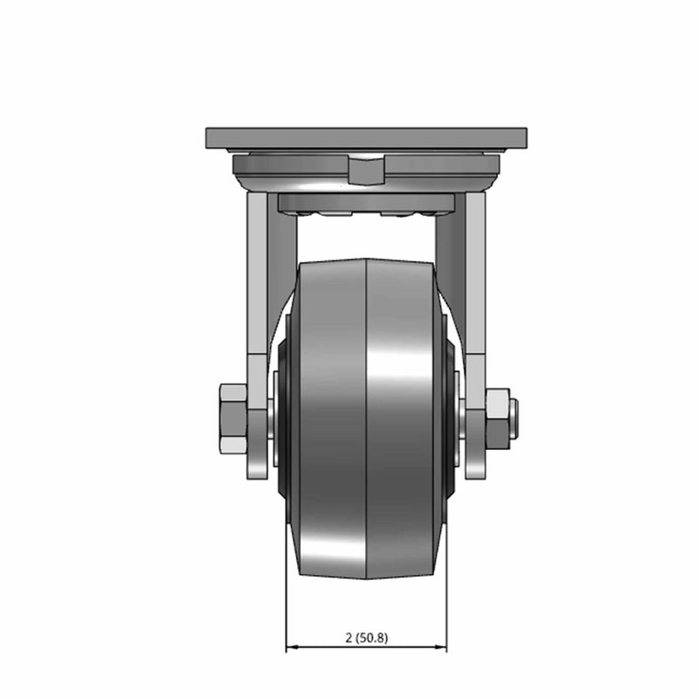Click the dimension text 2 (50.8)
point(366,638)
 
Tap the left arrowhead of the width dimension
point(292,647)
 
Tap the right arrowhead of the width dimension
point(440,647)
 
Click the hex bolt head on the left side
point(233,418)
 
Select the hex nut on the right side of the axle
point(498,419)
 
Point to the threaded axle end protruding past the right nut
point(514,419)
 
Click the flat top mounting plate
point(366,138)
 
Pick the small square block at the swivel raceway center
point(366,171)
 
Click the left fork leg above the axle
point(258,273)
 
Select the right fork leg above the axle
point(475,273)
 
